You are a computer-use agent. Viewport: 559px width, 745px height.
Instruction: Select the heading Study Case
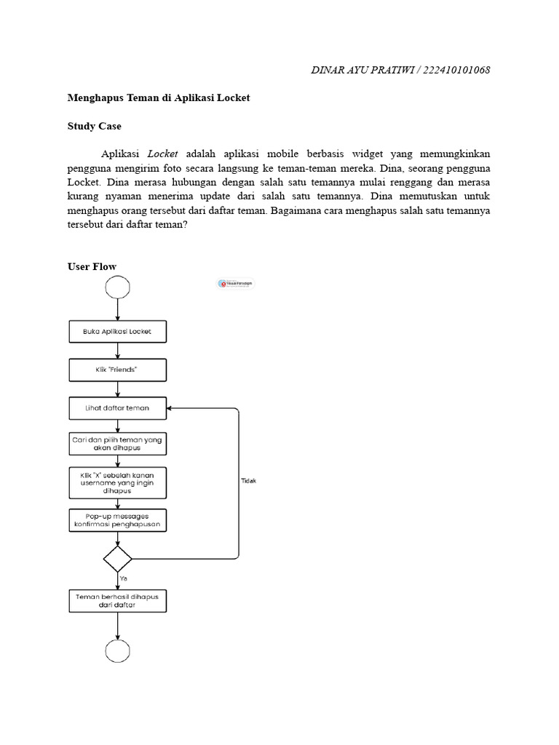95,126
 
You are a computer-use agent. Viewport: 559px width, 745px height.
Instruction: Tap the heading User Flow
92,266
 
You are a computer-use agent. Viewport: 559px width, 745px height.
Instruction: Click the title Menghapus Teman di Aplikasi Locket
159,97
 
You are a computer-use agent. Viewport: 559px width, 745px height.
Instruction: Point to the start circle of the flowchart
117,287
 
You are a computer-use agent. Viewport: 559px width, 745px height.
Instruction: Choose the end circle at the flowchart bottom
117,651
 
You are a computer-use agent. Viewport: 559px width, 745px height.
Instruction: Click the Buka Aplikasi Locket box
117,332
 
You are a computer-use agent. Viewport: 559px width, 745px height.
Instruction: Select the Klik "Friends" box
117,370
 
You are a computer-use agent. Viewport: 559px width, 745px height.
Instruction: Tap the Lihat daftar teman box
117,408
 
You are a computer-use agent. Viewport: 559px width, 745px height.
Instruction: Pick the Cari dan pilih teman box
117,443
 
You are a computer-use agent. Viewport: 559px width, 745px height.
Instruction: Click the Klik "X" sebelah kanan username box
117,482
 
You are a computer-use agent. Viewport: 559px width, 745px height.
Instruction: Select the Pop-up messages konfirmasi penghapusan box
117,519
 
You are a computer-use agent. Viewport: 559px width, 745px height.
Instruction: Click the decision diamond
117,559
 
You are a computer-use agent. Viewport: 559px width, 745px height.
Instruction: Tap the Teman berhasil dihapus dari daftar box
117,600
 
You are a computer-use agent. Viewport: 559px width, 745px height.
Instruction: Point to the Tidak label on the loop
248,481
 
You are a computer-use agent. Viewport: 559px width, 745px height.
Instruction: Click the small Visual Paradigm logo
236,284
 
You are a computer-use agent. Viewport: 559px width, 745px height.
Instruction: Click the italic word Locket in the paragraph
163,154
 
